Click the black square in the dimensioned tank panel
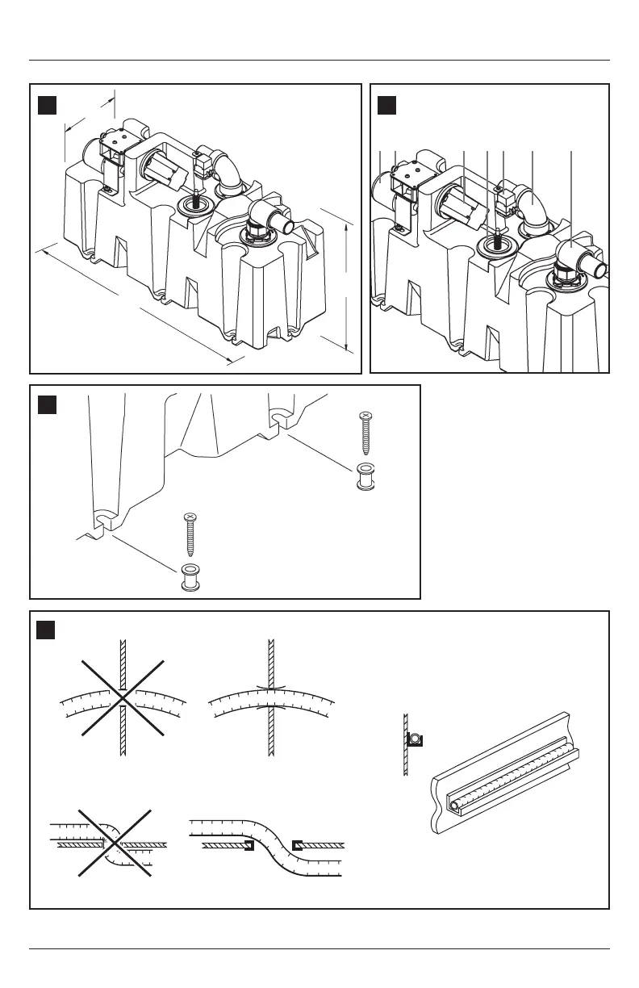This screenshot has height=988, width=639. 48,105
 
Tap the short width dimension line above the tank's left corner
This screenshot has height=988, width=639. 90,113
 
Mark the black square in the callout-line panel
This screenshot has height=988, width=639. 387,105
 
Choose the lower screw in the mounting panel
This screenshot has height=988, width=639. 191,536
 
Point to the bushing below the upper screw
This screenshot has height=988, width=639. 366,477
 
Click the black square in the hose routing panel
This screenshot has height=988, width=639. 48,630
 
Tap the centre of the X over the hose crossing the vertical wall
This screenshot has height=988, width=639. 122,696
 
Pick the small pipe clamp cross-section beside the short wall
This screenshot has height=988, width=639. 416,738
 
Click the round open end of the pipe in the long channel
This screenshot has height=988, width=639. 456,805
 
